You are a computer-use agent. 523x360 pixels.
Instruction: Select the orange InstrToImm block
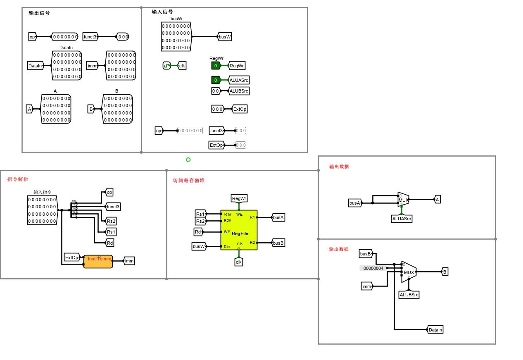[x=98, y=262]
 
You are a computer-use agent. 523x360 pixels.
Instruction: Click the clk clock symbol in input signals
[x=166, y=65]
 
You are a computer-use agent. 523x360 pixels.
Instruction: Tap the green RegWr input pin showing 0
[x=216, y=65]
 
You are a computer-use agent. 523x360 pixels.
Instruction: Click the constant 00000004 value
[x=373, y=268]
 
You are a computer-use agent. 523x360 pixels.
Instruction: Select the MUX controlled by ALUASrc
[x=403, y=200]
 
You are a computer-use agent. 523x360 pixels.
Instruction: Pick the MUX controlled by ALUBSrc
[x=409, y=272]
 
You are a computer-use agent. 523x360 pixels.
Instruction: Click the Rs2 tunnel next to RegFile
[x=200, y=221]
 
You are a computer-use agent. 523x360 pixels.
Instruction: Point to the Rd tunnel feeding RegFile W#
[x=198, y=232]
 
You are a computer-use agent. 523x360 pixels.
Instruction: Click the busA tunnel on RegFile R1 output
[x=278, y=217]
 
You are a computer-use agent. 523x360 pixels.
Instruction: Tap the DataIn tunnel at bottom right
[x=435, y=329]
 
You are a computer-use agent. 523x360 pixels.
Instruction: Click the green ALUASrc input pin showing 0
[x=216, y=80]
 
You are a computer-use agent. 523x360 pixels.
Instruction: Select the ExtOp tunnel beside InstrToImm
[x=71, y=257]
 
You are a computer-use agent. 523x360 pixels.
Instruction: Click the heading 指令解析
[x=18, y=179]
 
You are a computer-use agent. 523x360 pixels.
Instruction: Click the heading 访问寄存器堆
[x=189, y=180]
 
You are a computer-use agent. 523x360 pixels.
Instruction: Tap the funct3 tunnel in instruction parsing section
[x=113, y=207]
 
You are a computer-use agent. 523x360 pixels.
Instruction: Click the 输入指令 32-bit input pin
[x=42, y=210]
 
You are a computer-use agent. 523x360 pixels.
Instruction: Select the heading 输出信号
[x=39, y=13]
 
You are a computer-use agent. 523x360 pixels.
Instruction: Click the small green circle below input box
[x=188, y=160]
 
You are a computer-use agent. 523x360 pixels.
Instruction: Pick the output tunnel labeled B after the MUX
[x=445, y=272]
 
